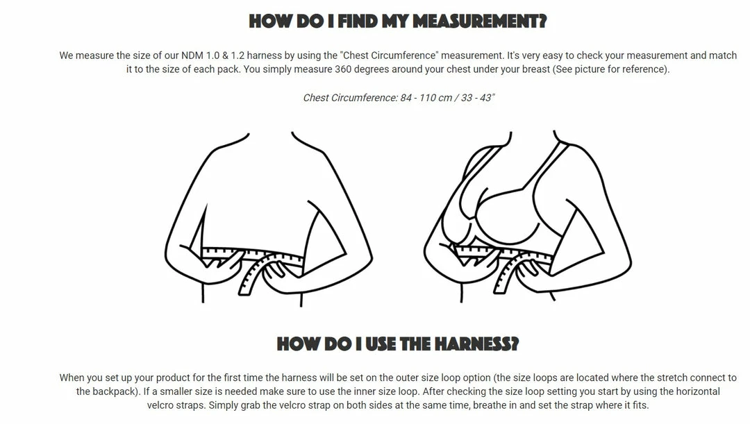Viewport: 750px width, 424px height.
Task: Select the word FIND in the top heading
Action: pos(358,22)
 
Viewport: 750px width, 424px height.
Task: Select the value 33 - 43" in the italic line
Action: pos(478,98)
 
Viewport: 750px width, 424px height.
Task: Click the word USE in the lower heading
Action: pos(381,344)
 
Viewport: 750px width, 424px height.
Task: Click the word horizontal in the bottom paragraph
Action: pos(697,391)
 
